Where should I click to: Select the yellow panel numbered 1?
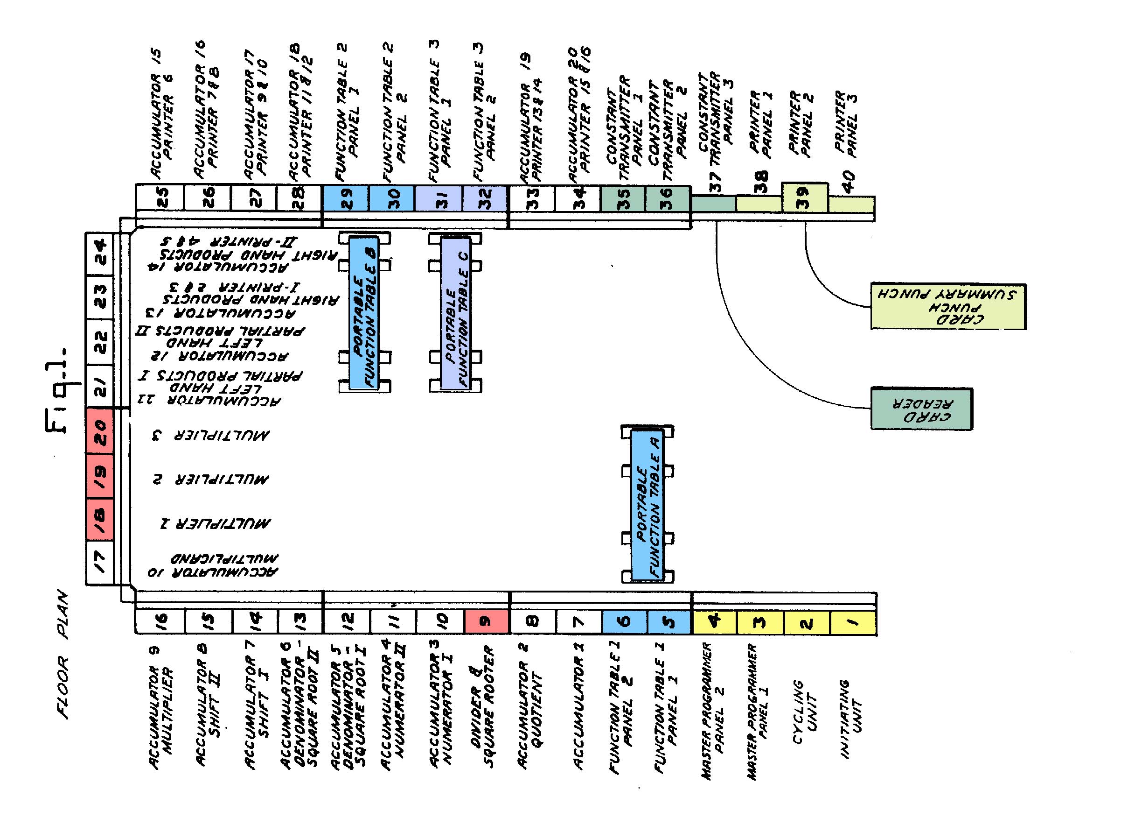pyautogui.click(x=852, y=623)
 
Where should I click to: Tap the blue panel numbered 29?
pyautogui.click(x=346, y=198)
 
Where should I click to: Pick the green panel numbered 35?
pyautogui.click(x=623, y=198)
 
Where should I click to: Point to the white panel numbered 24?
pyautogui.click(x=100, y=254)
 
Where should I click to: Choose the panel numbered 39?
pyautogui.click(x=804, y=197)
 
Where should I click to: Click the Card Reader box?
pyautogui.click(x=921, y=409)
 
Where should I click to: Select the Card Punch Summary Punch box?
pyautogui.click(x=948, y=306)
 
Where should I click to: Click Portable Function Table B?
pyautogui.click(x=364, y=312)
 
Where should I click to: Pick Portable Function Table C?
pyautogui.click(x=456, y=313)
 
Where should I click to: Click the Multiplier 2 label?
pyautogui.click(x=211, y=479)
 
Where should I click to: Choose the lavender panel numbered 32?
pyautogui.click(x=484, y=198)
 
